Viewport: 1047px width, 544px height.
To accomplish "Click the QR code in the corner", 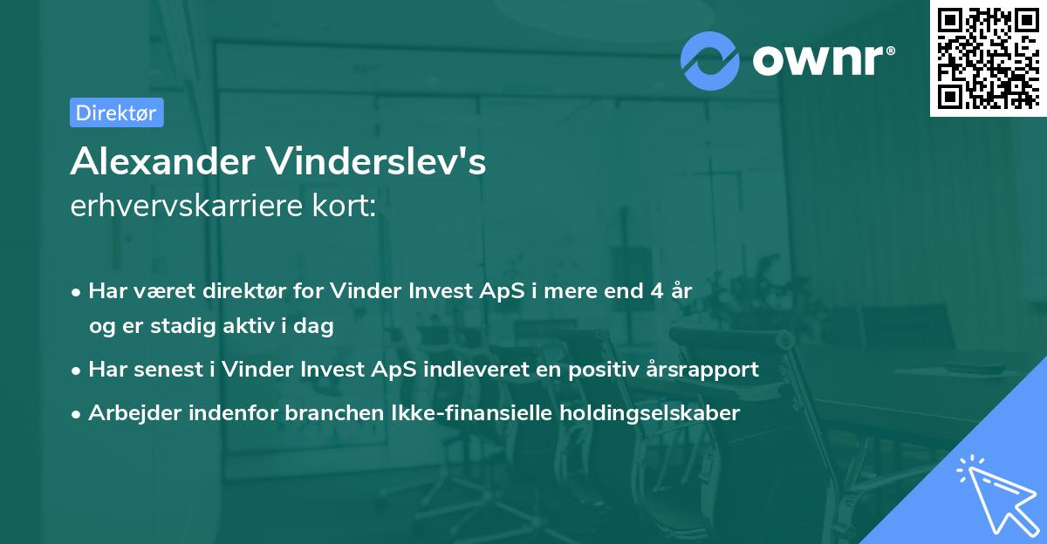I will (987, 58).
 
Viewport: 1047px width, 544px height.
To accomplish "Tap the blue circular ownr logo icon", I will (710, 61).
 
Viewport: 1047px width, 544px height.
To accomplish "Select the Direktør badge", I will (116, 112).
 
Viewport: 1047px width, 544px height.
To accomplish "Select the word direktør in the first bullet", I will (245, 290).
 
